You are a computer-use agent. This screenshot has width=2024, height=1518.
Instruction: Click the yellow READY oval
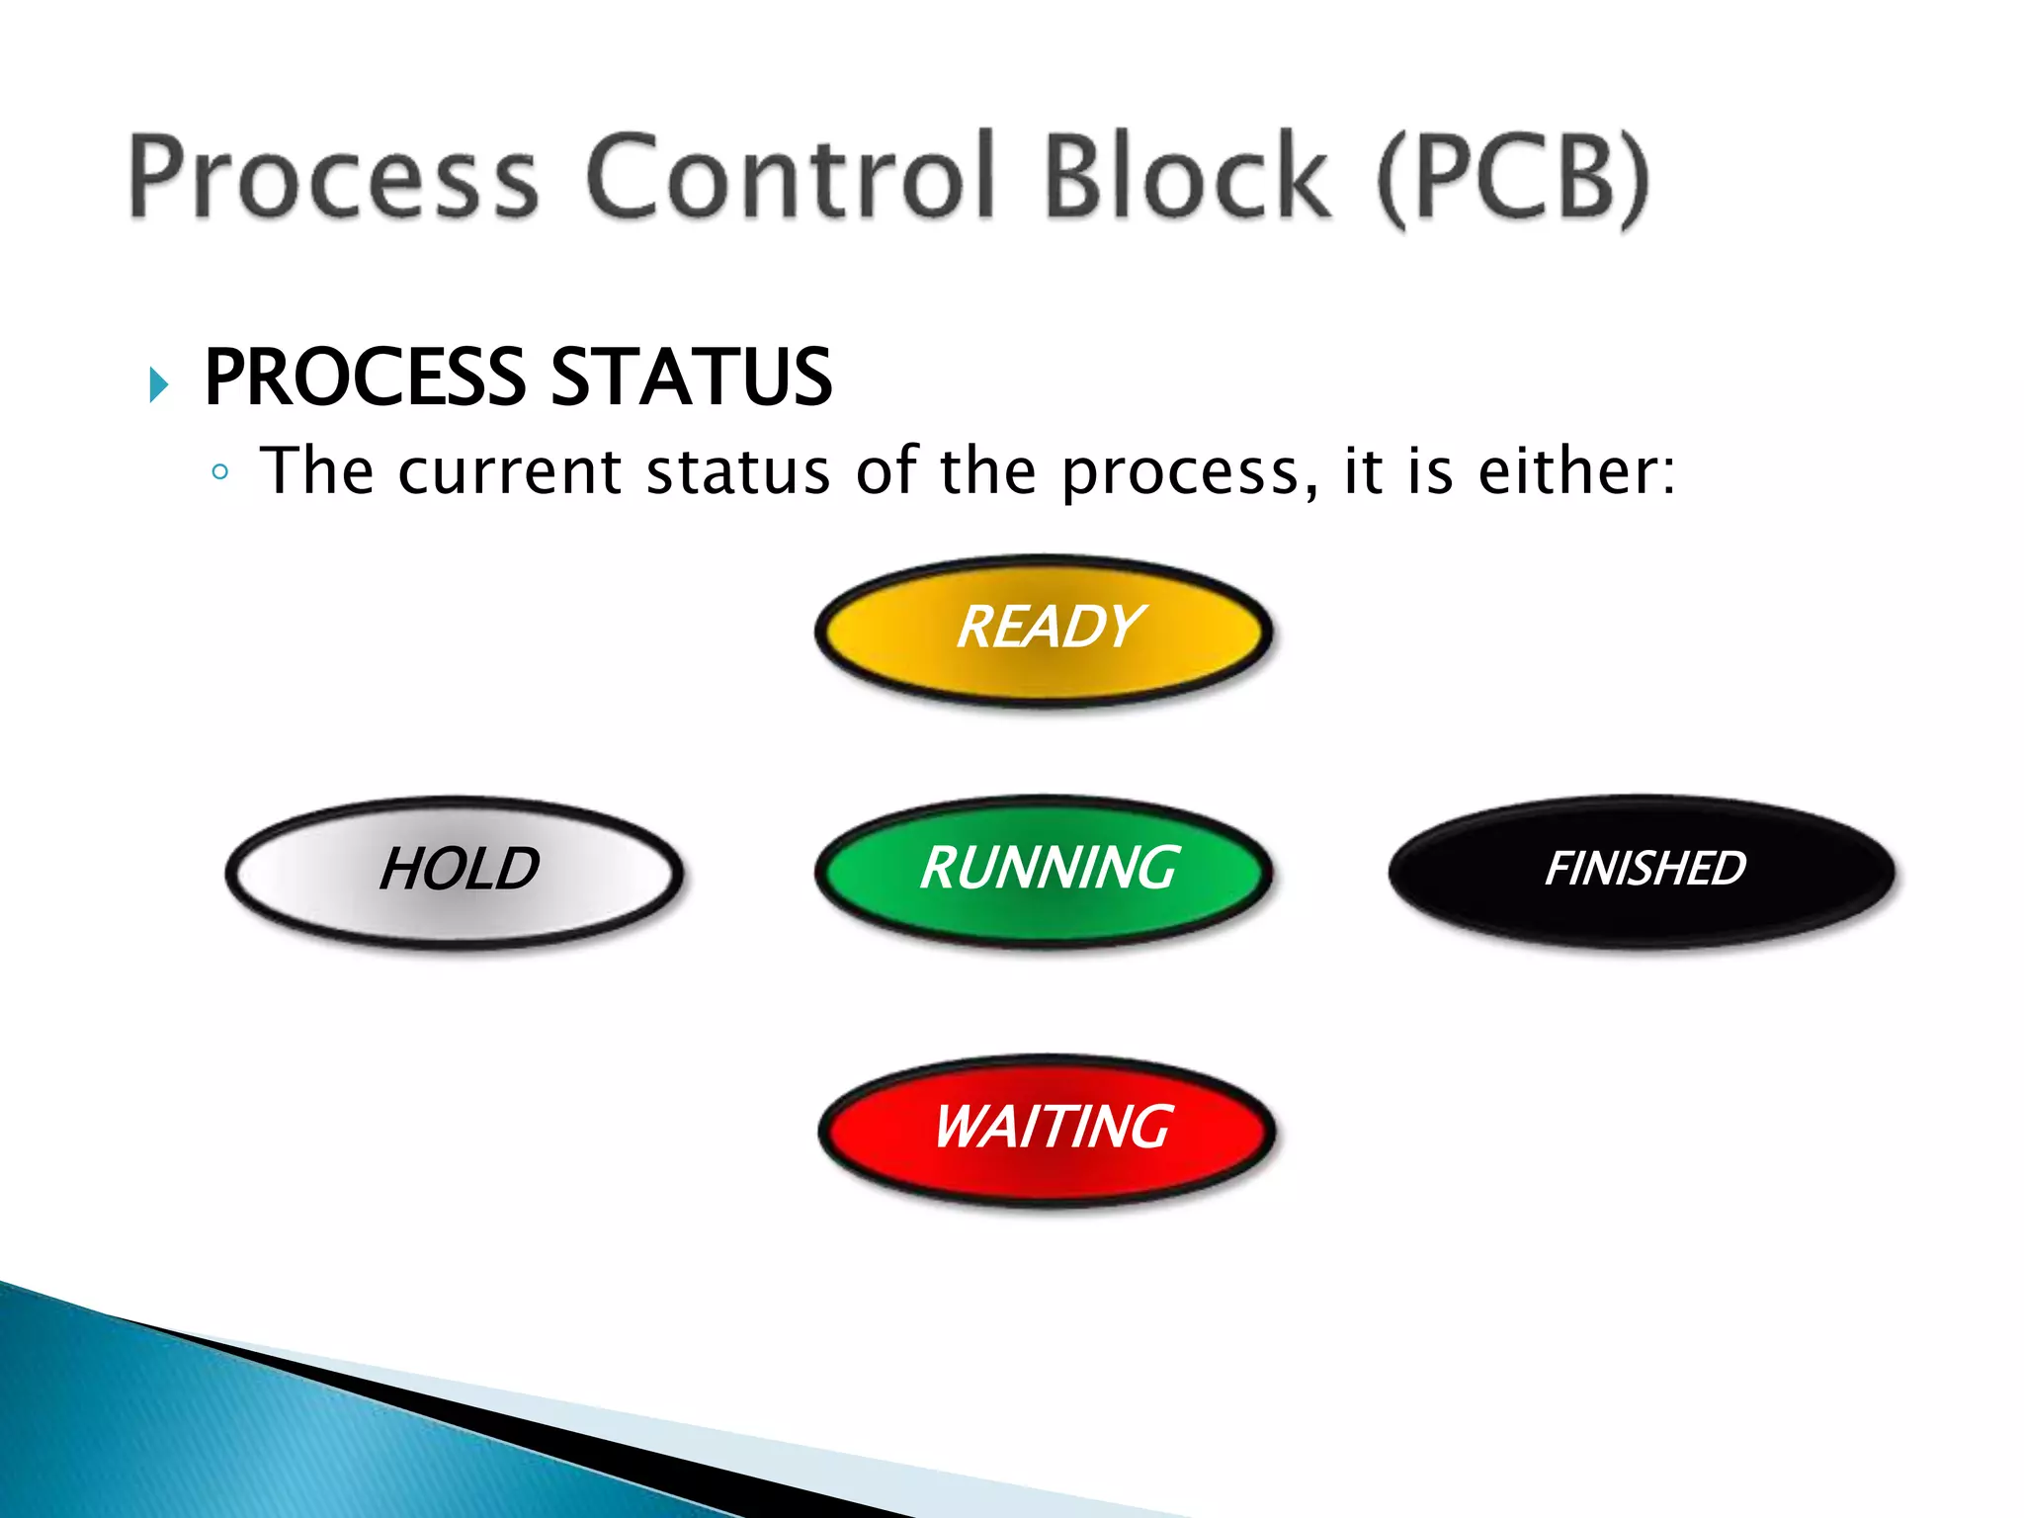tap(1044, 631)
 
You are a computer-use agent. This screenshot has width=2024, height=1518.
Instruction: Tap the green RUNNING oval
tap(1044, 871)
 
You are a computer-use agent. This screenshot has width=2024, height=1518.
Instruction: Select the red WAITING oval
tap(1048, 1130)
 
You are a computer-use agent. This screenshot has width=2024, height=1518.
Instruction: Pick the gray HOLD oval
tap(455, 872)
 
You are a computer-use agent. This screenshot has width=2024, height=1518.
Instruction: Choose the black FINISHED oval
tap(1643, 871)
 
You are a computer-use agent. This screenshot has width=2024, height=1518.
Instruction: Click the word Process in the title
tap(334, 178)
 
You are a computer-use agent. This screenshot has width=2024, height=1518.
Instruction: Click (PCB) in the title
tap(1512, 178)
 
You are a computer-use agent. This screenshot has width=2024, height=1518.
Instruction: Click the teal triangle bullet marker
tap(158, 383)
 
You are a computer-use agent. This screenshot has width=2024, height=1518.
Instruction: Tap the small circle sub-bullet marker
tap(219, 472)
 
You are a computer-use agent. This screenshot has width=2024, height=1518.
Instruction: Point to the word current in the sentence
tap(509, 471)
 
